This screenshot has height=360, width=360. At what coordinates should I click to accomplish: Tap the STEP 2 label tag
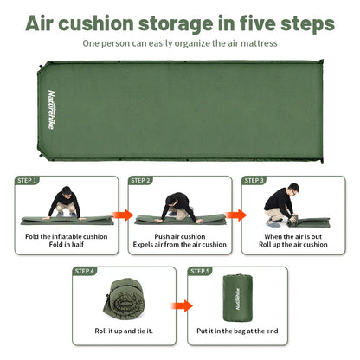tap(141, 180)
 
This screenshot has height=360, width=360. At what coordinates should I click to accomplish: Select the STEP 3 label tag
tap(254, 180)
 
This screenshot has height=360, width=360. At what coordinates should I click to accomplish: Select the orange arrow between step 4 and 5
tap(180, 305)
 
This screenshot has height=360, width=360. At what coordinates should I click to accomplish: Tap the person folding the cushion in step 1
tap(65, 202)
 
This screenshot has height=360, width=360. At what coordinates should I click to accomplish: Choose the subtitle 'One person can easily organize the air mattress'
tap(180, 42)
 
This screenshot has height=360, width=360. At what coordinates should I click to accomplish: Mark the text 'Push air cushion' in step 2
tap(179, 236)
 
